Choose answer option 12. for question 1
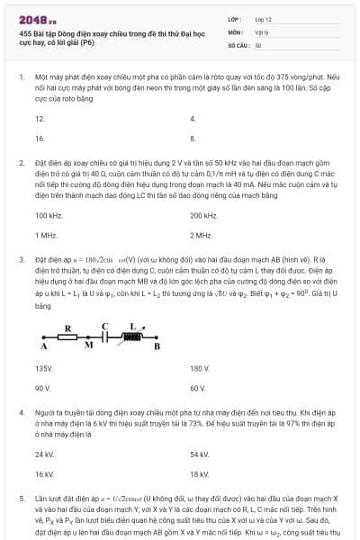[40, 119]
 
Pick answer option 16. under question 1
[40, 139]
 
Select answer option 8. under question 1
[193, 139]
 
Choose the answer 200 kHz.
[203, 216]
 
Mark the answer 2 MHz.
[201, 235]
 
